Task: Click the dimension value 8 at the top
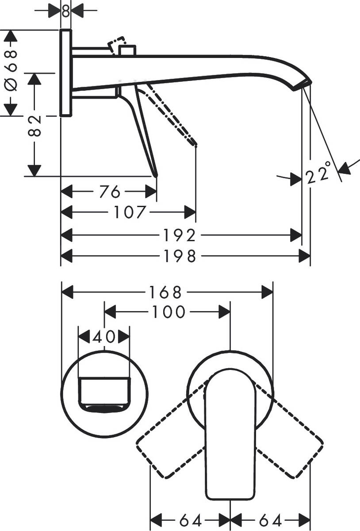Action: (65, 11)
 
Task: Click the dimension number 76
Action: (109, 192)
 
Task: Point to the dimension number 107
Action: (129, 212)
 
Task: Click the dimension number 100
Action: (168, 312)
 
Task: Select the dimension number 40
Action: (103, 337)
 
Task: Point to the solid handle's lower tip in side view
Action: (155, 175)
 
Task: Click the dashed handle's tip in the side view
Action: (195, 144)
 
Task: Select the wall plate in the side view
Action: (65, 73)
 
